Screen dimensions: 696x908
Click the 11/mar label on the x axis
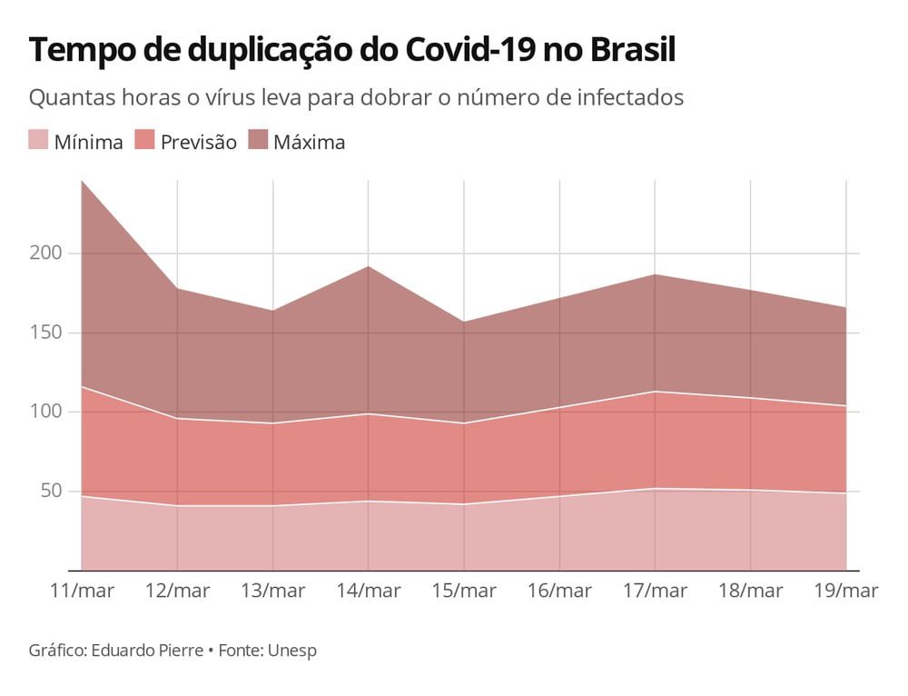click(82, 591)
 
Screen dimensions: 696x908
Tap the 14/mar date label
click(368, 591)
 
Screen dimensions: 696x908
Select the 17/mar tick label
click(654, 591)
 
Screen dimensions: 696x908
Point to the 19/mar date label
click(845, 591)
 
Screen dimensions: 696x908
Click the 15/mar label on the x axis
click(463, 591)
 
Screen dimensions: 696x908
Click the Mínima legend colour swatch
click(37, 140)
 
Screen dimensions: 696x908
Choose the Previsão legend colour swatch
click(144, 140)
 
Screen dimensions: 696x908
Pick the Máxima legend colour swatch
click(257, 140)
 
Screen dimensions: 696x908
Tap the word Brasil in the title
click(632, 51)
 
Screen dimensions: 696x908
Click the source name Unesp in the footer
click(292, 651)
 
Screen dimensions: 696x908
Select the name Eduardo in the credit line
click(123, 651)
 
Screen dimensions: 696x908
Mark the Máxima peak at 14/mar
click(368, 265)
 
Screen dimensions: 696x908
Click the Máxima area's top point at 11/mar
click(82, 181)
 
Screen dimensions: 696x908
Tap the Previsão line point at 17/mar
click(655, 392)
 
